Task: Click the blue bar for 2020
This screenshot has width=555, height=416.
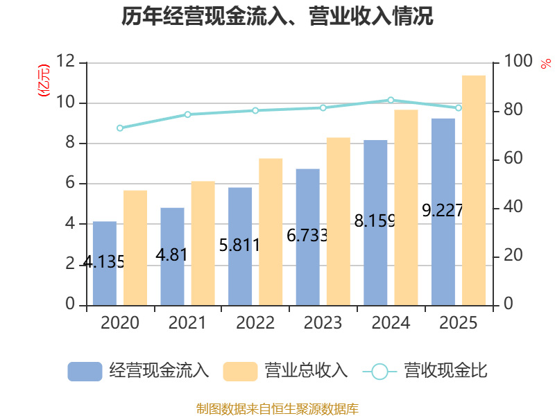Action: pos(104,263)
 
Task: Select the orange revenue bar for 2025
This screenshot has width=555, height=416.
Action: pos(474,190)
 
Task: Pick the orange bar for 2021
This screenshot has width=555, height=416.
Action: pos(203,243)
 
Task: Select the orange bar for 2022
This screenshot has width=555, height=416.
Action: pos(271,232)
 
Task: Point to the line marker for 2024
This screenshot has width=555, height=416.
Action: pos(391,101)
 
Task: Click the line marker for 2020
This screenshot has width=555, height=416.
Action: pos(120,128)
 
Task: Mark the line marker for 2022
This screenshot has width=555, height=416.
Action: pos(255,110)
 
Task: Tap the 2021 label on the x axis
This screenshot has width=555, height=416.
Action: pos(187,323)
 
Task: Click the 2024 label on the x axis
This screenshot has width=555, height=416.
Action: pos(391,323)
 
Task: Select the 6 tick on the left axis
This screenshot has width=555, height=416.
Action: pos(70,184)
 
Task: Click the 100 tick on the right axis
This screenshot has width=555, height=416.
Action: pos(518,62)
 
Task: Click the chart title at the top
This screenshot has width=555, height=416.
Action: pos(277,17)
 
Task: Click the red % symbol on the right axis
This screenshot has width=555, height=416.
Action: pos(545,64)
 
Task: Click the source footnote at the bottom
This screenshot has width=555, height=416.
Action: pos(277,408)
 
